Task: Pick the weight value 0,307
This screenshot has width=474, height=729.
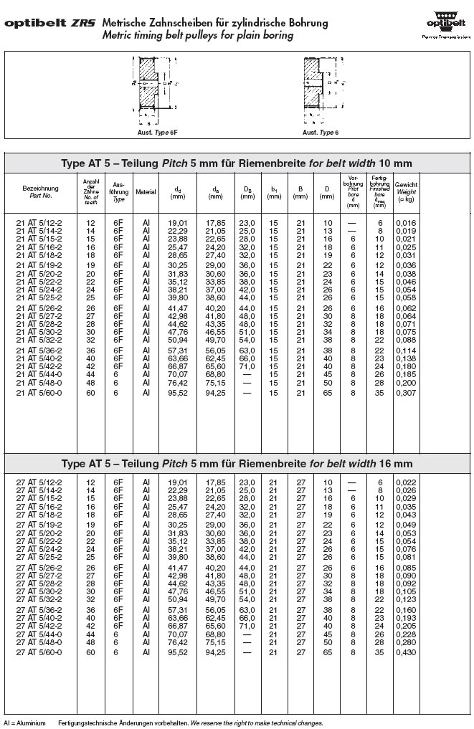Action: (407, 393)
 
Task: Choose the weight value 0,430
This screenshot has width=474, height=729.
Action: (407, 652)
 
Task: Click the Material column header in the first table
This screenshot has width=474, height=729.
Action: (146, 192)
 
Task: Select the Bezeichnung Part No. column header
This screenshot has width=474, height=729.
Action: (40, 191)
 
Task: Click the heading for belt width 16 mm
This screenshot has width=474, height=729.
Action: (237, 463)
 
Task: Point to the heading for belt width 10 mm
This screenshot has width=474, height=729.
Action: (237, 163)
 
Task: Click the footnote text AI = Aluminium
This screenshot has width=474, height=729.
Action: (24, 723)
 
